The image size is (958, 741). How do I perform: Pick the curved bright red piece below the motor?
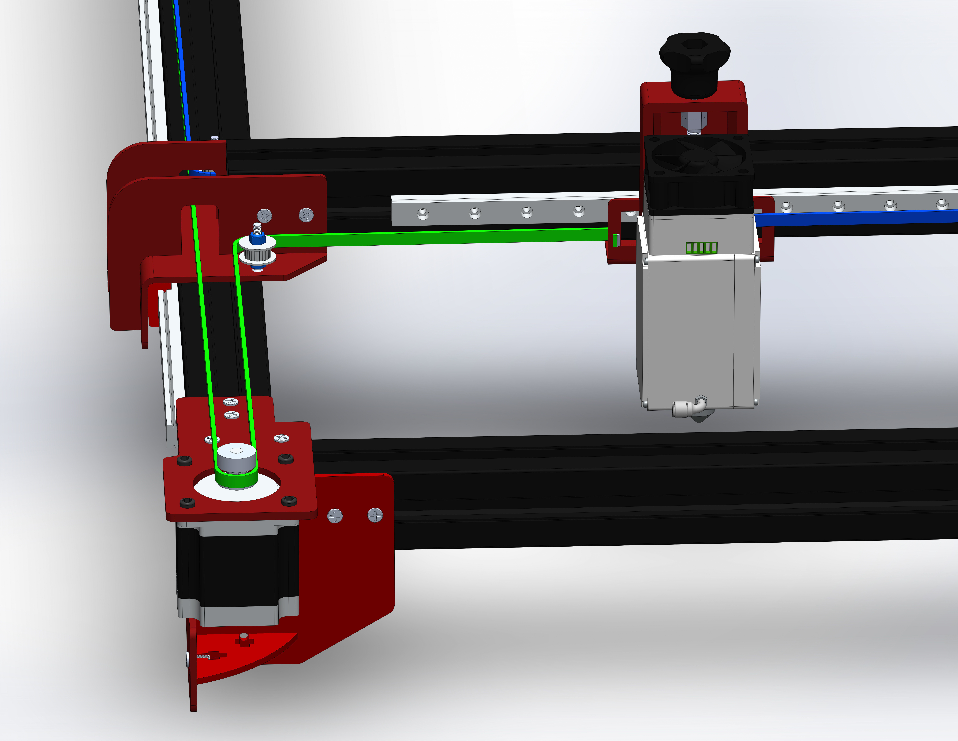(x=246, y=654)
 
